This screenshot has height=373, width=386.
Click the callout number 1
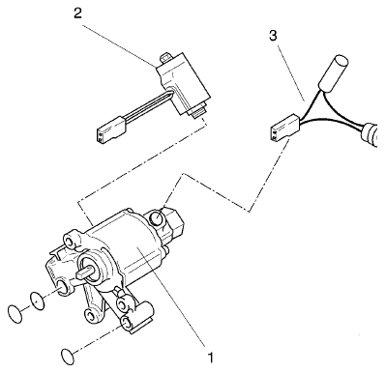tap(210, 357)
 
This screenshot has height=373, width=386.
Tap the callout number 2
tap(77, 14)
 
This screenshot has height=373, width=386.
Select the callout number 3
tap(273, 36)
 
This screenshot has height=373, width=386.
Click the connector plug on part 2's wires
tap(109, 129)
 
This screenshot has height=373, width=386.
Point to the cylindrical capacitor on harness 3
tap(333, 72)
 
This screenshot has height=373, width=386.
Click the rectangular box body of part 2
tap(183, 83)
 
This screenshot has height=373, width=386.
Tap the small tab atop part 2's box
tap(166, 58)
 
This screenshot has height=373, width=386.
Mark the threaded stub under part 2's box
tap(197, 110)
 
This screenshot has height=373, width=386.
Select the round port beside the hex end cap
tap(157, 217)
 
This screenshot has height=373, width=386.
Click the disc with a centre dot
tap(38, 301)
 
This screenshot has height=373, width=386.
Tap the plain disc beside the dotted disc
tap(15, 313)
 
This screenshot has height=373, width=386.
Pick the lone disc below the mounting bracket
tap(68, 357)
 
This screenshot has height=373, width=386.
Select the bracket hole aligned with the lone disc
tap(126, 322)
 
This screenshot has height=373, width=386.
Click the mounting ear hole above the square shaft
tap(70, 242)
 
